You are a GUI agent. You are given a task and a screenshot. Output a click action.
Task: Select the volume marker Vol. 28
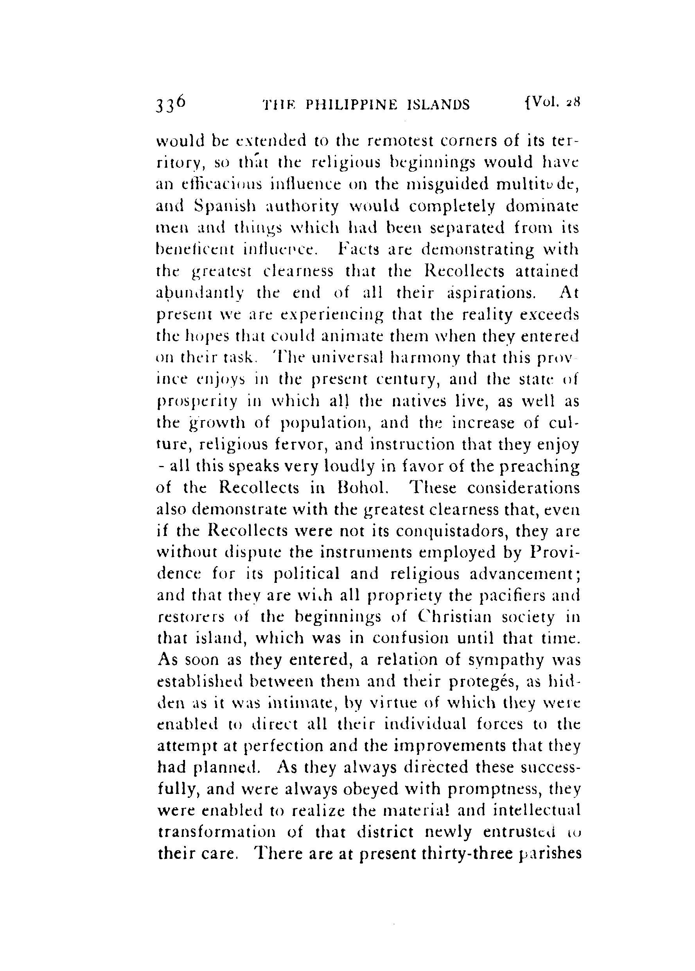(x=550, y=103)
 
